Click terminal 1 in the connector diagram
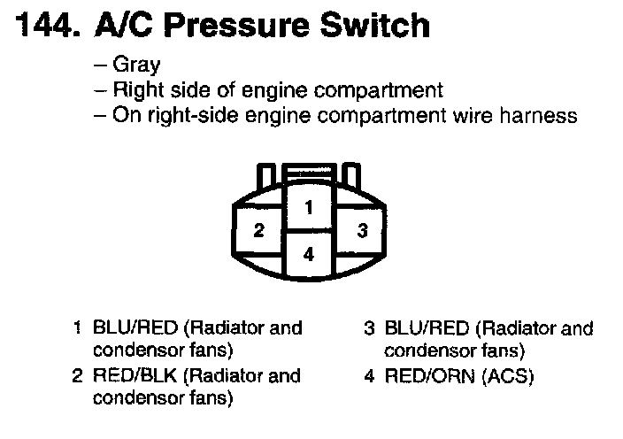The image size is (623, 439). [308, 209]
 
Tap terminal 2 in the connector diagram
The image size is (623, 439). [258, 232]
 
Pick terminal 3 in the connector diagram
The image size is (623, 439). [361, 232]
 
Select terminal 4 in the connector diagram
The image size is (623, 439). [308, 254]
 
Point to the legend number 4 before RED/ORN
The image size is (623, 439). [370, 376]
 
